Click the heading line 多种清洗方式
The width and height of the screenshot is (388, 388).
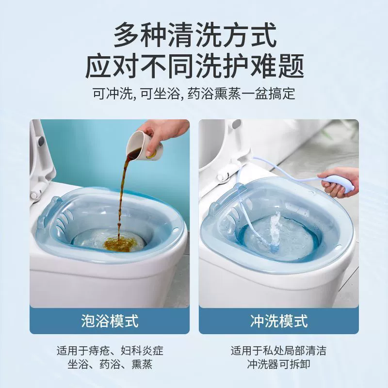click(195, 34)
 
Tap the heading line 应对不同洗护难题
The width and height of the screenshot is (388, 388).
click(195, 66)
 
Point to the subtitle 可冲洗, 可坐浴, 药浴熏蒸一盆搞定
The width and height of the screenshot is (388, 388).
click(194, 94)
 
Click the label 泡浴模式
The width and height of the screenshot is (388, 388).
click(110, 321)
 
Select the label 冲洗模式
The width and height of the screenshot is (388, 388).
click(279, 321)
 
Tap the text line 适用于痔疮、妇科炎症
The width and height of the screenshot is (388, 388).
click(110, 351)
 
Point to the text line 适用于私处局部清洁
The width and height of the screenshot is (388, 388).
click(278, 351)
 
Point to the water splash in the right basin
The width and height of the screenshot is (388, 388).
click(274, 231)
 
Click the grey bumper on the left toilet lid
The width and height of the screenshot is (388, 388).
click(41, 141)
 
